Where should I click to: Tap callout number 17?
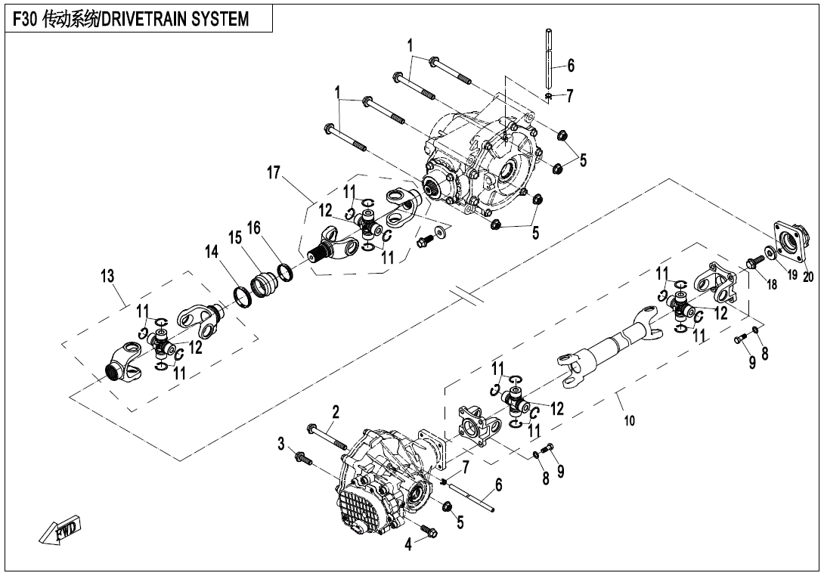[274, 175]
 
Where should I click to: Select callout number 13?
[107, 277]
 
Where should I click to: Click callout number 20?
[808, 277]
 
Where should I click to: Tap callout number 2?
[336, 412]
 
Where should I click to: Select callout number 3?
[280, 442]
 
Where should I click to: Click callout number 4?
[408, 544]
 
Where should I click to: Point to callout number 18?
[771, 284]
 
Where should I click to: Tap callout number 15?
[235, 238]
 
